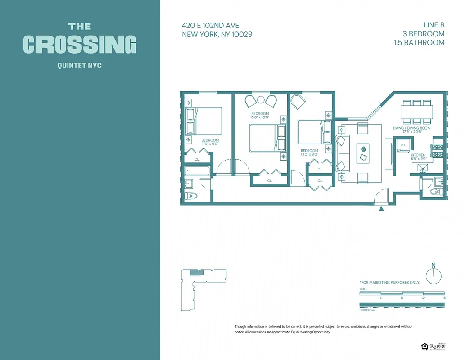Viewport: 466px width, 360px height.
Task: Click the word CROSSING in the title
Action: click(x=80, y=44)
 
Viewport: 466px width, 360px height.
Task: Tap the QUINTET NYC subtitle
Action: click(x=80, y=66)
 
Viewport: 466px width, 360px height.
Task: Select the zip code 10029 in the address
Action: click(x=237, y=34)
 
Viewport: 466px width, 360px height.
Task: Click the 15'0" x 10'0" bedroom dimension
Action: click(x=260, y=117)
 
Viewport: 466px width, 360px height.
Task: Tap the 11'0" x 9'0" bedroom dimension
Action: click(x=210, y=144)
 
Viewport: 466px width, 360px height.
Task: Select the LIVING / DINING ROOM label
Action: click(x=411, y=128)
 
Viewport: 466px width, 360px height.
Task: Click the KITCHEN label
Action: click(x=418, y=155)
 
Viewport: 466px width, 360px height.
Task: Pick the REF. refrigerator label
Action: click(x=403, y=145)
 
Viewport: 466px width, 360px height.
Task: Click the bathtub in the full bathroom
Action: click(x=197, y=171)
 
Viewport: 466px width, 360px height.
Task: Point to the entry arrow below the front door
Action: click(x=382, y=209)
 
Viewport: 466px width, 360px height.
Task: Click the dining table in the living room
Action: click(x=416, y=111)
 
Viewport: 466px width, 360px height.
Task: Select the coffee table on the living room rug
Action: click(x=363, y=153)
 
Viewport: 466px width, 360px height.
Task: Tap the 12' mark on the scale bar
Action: click(x=423, y=298)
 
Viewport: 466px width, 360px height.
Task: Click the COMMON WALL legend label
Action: click(x=368, y=310)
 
